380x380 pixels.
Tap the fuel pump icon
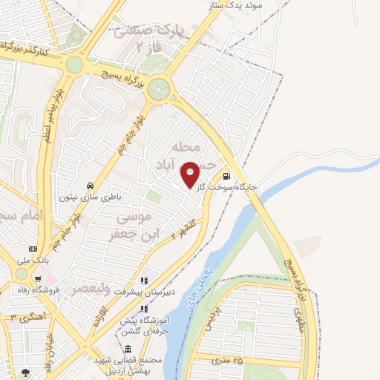226,177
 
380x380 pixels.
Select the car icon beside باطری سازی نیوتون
89,186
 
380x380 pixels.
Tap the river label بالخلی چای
194,288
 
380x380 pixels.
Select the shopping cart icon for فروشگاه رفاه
37,279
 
